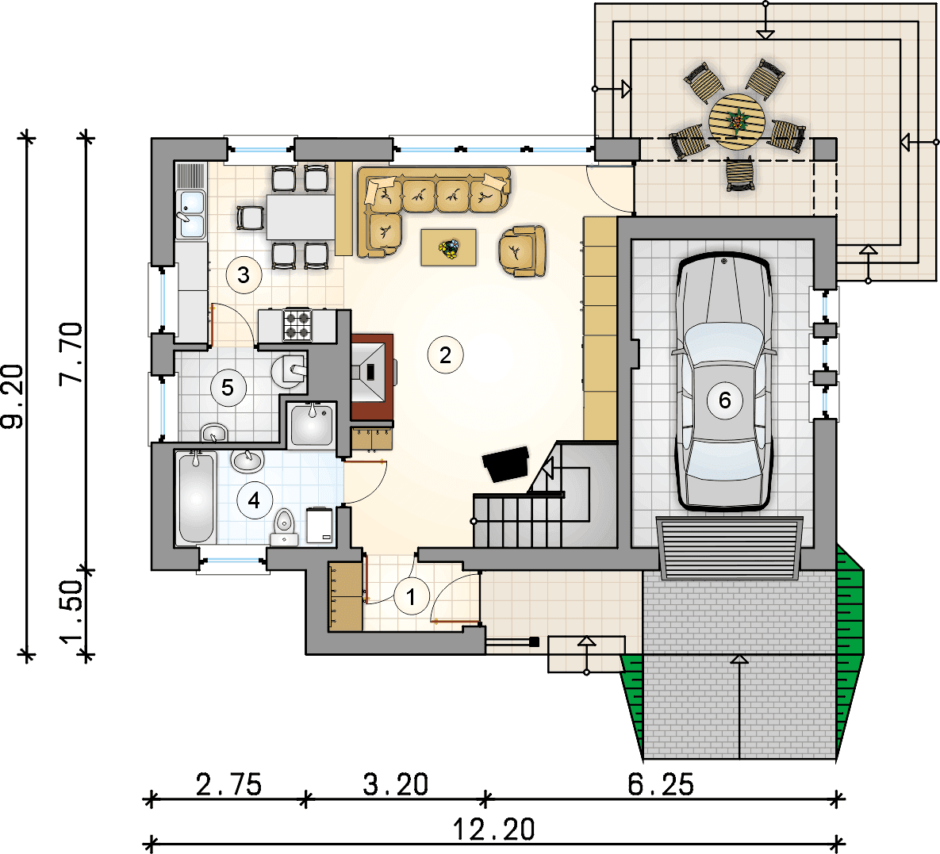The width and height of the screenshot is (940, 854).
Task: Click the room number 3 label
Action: [244, 274]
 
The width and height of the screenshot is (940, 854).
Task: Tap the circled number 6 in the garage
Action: [724, 400]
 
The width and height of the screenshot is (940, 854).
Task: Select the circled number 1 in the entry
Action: [411, 596]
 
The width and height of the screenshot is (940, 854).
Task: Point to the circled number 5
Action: [228, 387]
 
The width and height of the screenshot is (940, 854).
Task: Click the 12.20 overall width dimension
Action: [493, 830]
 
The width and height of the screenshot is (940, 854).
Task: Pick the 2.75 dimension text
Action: [228, 785]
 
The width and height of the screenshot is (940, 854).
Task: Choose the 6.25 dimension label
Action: [661, 785]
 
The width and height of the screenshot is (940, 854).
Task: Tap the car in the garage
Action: [723, 382]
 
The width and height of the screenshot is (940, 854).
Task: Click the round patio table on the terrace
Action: [737, 121]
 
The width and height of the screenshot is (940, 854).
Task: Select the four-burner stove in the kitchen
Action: [297, 324]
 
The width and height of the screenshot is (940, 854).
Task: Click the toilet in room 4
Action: [284, 527]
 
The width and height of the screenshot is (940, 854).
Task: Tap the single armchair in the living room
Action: [522, 251]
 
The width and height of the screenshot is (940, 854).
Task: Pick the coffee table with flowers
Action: [449, 247]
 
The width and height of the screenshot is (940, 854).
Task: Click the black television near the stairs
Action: [506, 464]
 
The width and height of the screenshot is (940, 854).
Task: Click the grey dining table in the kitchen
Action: [301, 216]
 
